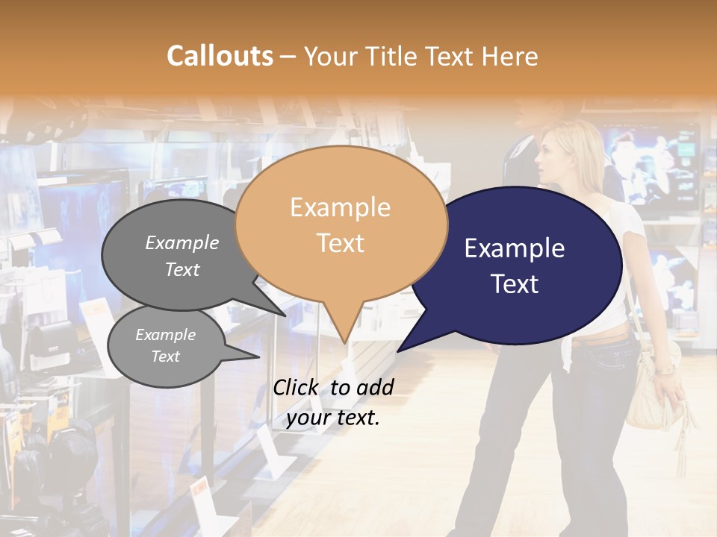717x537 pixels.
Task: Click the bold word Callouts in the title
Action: tap(220, 56)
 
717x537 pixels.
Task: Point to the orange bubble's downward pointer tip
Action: tap(345, 342)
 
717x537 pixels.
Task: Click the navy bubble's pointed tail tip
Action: tap(399, 350)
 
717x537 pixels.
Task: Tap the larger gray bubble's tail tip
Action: tap(285, 315)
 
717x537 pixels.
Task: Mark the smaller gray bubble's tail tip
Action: tap(258, 357)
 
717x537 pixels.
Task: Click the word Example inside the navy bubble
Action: tap(514, 248)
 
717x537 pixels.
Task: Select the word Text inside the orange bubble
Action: tap(341, 243)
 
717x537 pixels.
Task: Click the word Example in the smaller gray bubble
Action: tap(165, 335)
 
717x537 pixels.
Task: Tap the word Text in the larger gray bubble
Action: tap(182, 270)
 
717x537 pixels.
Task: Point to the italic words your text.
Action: tap(333, 418)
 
